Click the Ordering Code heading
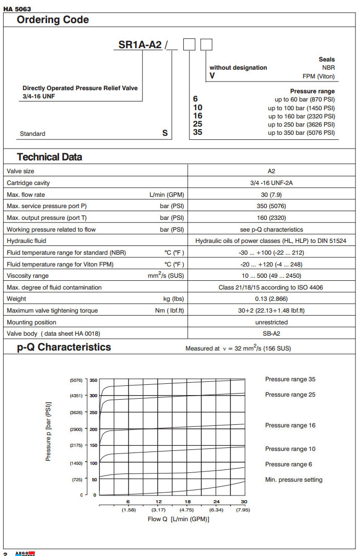(53, 20)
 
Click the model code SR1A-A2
(140, 45)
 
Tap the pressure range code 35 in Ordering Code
(198, 133)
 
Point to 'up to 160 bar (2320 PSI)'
(301, 116)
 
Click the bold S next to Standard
(165, 133)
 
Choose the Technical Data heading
(49, 157)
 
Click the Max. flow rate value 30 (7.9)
(271, 194)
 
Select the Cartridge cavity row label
(28, 183)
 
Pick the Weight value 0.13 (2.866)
(271, 299)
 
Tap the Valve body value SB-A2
(271, 334)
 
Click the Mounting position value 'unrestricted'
(271, 322)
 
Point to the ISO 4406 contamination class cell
(271, 287)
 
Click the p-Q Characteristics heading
(63, 347)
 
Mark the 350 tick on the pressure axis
(93, 380)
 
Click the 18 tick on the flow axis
(187, 502)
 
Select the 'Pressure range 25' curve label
(290, 395)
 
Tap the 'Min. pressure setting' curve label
(293, 480)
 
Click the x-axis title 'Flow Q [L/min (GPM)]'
(178, 519)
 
